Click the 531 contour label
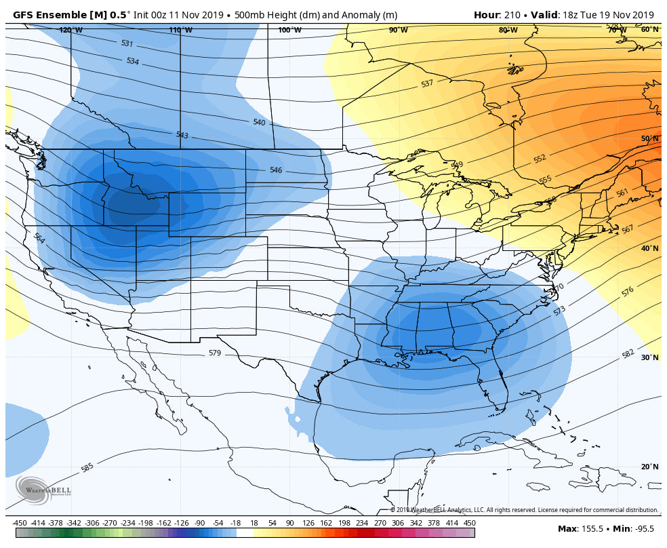[127, 43]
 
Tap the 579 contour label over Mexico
[214, 353]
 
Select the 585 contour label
[87, 467]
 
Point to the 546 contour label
[275, 170]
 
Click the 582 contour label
[628, 354]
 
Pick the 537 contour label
[427, 83]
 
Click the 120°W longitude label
[70, 30]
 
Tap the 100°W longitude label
[289, 30]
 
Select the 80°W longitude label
[508, 30]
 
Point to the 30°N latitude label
[649, 357]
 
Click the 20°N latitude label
[649, 467]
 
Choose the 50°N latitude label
[649, 138]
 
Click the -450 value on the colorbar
[20, 523]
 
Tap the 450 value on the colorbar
[469, 523]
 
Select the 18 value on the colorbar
[254, 523]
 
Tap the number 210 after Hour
[510, 15]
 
